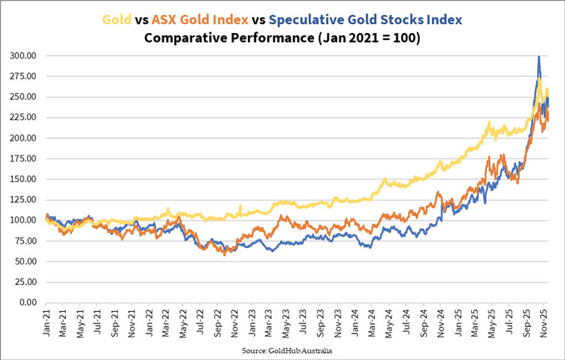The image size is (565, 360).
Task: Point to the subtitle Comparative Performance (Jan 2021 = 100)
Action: pyautogui.click(x=282, y=37)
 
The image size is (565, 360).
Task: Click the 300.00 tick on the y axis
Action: pyautogui.click(x=24, y=56)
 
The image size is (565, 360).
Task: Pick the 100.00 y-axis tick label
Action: pyautogui.click(x=24, y=220)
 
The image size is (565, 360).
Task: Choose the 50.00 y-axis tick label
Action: pyautogui.click(x=26, y=262)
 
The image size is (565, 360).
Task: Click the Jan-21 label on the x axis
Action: pyautogui.click(x=47, y=322)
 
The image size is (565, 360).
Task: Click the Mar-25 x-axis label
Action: pyautogui.click(x=479, y=322)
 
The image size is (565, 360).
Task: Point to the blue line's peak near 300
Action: pyautogui.click(x=538, y=57)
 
